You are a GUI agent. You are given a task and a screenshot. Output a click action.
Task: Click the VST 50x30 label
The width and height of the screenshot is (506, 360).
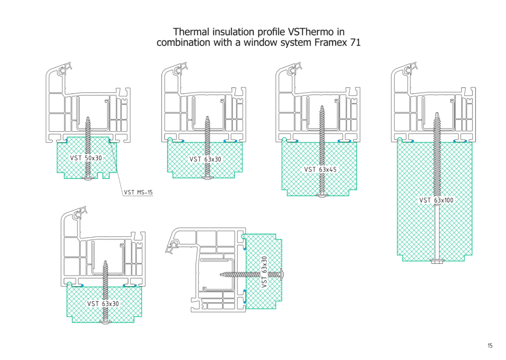pos(85,158)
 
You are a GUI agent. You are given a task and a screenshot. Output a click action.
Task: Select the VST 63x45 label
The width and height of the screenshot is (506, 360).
pos(320,169)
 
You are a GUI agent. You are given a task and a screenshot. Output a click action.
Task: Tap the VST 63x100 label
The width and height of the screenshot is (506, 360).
pos(436,200)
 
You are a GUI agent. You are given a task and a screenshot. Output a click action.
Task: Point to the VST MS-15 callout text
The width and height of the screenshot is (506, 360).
pos(138,192)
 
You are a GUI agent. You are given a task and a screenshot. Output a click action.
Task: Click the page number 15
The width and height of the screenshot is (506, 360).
pos(490,346)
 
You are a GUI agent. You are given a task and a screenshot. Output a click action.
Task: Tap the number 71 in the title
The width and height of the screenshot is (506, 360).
pos(355,42)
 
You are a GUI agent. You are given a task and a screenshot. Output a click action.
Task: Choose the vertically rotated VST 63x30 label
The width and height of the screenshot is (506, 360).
pos(264,272)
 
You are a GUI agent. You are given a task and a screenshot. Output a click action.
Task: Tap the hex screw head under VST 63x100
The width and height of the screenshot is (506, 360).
pos(437,261)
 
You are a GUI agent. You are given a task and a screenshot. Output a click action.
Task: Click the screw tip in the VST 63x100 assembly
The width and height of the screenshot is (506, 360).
pos(437,115)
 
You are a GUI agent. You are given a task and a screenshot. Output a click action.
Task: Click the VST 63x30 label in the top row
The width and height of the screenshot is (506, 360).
pos(205,159)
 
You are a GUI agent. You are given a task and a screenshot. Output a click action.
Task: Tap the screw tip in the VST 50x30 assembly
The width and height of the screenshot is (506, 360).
pos(88,119)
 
